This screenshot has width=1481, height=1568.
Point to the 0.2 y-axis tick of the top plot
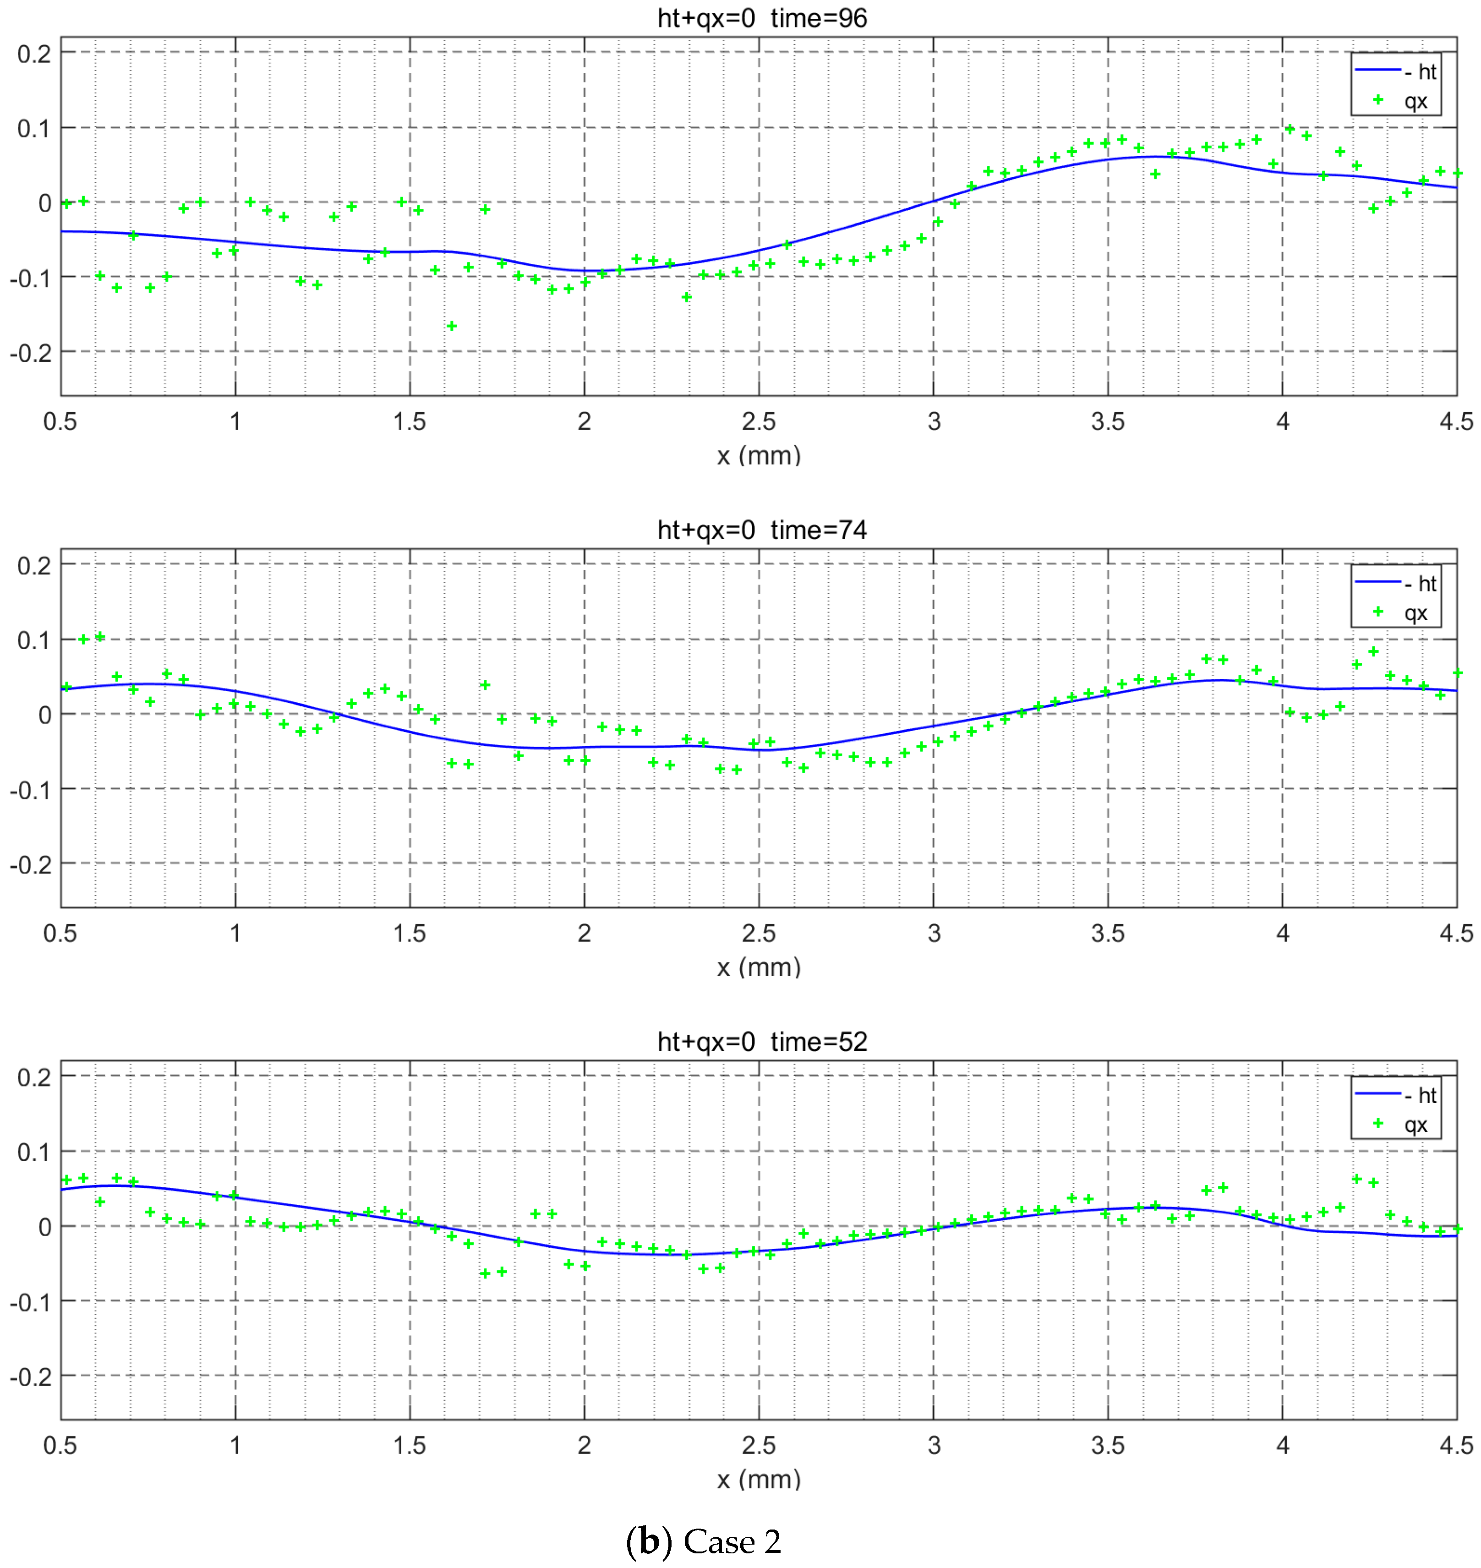(x=34, y=54)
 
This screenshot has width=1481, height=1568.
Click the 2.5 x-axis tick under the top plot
(x=759, y=421)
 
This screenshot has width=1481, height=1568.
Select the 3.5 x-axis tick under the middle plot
(x=1108, y=933)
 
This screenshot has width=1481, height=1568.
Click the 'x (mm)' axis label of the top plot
(x=759, y=455)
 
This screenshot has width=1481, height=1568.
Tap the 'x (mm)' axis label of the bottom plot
(x=759, y=1479)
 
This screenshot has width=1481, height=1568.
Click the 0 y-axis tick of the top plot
(x=44, y=203)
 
